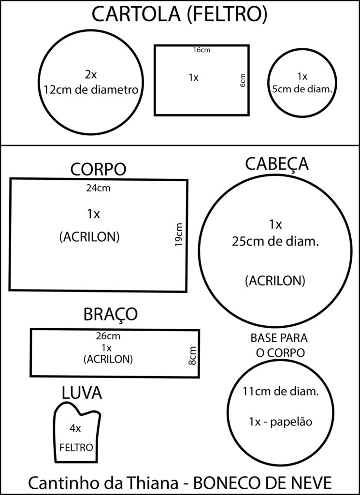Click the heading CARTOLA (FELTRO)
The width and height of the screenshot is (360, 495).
coord(180,15)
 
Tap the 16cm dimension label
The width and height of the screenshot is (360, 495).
coord(202,50)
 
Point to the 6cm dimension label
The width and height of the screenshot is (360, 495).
coord(243,81)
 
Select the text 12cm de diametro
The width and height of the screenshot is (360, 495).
coord(91,89)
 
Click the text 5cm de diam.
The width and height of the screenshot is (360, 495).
coord(302,89)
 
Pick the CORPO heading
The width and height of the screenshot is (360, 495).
coord(98,170)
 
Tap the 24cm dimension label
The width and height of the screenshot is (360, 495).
coord(99,188)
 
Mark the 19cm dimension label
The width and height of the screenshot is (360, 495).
coord(179,235)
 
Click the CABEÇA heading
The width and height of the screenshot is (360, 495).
coord(277,164)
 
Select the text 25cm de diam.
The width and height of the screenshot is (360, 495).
coord(275,242)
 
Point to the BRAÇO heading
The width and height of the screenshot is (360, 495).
coord(111,314)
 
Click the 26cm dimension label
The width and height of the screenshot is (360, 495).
coord(108,336)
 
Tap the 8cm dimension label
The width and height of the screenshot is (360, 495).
coord(192,356)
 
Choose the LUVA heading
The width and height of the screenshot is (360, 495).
coord(82,393)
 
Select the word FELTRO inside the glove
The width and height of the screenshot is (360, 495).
coord(76,447)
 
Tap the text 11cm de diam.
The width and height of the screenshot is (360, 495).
coord(280,392)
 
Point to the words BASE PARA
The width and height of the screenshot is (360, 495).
coord(279,338)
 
